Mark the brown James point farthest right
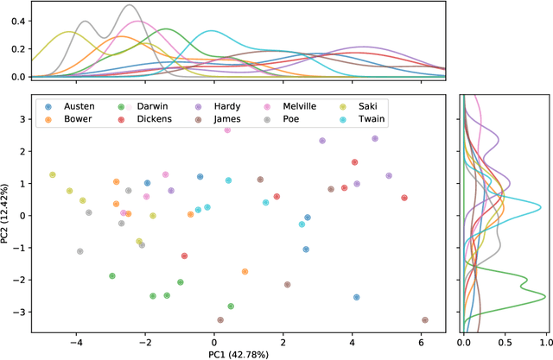[424, 320]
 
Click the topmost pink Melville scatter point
[227, 129]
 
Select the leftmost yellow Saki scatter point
[53, 174]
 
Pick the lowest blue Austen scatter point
[356, 297]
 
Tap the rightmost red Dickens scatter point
[404, 198]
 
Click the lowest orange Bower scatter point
[245, 271]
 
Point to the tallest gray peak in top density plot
[130, 6]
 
